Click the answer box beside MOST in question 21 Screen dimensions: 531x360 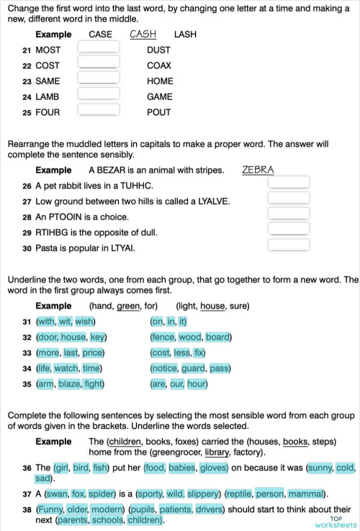click(x=98, y=49)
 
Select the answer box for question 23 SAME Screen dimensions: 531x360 click(x=98, y=81)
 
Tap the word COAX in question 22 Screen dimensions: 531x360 click(x=158, y=65)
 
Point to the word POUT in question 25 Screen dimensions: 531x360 click(x=158, y=112)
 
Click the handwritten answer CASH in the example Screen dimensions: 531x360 click(x=143, y=34)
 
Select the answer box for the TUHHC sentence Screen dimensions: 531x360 click(x=288, y=183)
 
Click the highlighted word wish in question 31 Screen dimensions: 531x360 click(x=84, y=322)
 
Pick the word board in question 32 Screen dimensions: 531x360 click(x=217, y=337)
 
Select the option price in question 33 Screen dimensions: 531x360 click(x=92, y=353)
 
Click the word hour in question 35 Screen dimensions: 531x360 click(x=197, y=384)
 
